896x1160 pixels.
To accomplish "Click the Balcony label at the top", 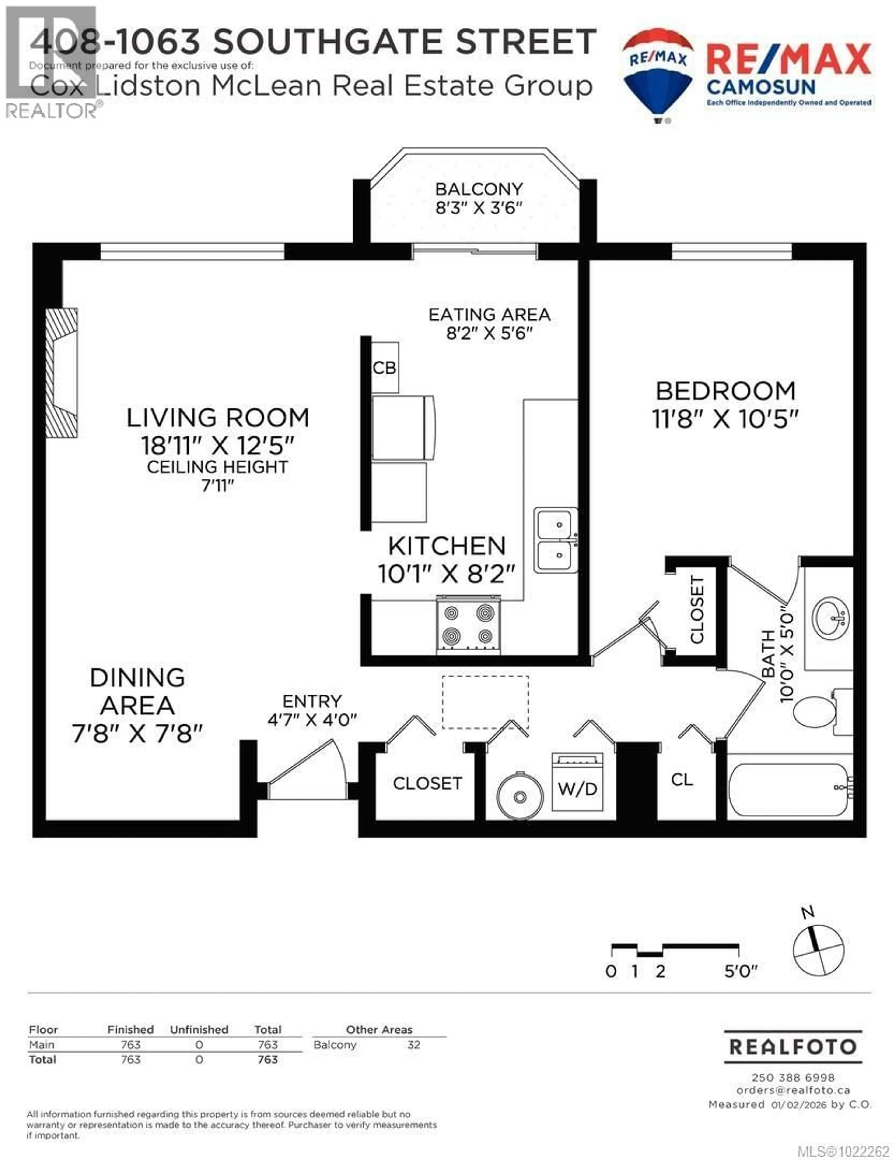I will [479, 189].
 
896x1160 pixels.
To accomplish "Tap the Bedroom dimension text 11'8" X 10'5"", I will [725, 420].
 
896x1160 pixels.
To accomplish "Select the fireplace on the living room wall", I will [62, 373].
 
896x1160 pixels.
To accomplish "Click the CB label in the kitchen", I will [384, 368].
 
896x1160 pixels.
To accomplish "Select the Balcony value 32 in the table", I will [413, 1045].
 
